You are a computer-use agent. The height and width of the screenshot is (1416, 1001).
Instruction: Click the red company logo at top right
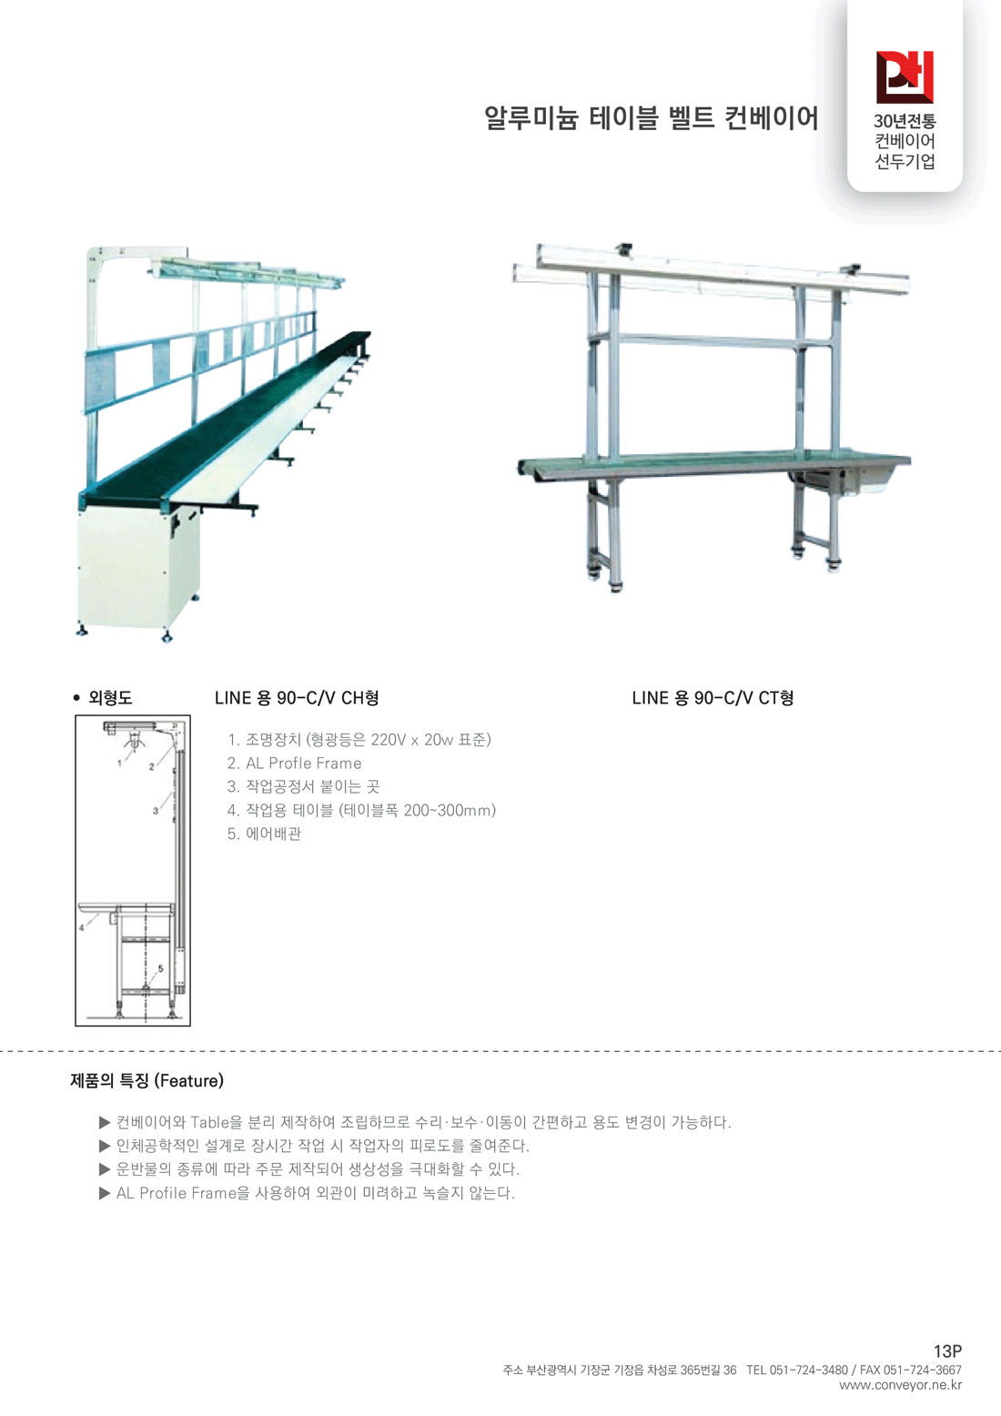tap(905, 76)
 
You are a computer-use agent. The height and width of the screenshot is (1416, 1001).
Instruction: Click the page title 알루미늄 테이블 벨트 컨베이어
tap(652, 118)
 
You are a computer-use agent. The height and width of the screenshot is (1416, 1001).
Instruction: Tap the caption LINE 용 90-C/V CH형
tap(297, 698)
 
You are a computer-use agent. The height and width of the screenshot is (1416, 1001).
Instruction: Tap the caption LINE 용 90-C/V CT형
tap(713, 698)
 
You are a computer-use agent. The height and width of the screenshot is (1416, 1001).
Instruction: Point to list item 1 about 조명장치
tap(359, 740)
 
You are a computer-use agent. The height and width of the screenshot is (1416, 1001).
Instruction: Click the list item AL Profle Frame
tap(295, 764)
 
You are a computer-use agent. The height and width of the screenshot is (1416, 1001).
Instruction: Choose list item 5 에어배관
tap(264, 834)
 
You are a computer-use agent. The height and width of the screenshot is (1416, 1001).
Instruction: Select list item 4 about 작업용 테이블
tap(361, 810)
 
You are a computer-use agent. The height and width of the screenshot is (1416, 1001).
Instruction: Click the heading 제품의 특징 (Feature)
tap(147, 1081)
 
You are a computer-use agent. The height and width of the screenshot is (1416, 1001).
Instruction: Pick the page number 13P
tap(947, 1351)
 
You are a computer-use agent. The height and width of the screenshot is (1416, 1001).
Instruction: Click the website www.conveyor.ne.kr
tap(900, 1385)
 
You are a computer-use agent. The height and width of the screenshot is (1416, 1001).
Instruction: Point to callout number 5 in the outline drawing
tap(161, 968)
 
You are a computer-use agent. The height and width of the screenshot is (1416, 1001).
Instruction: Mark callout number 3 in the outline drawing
tap(156, 810)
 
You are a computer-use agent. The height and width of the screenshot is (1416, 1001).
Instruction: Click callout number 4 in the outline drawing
tap(81, 927)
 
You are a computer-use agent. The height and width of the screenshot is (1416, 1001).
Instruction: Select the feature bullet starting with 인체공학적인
tap(322, 1146)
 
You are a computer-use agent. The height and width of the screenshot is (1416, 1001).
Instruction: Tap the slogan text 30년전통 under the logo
tap(905, 121)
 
